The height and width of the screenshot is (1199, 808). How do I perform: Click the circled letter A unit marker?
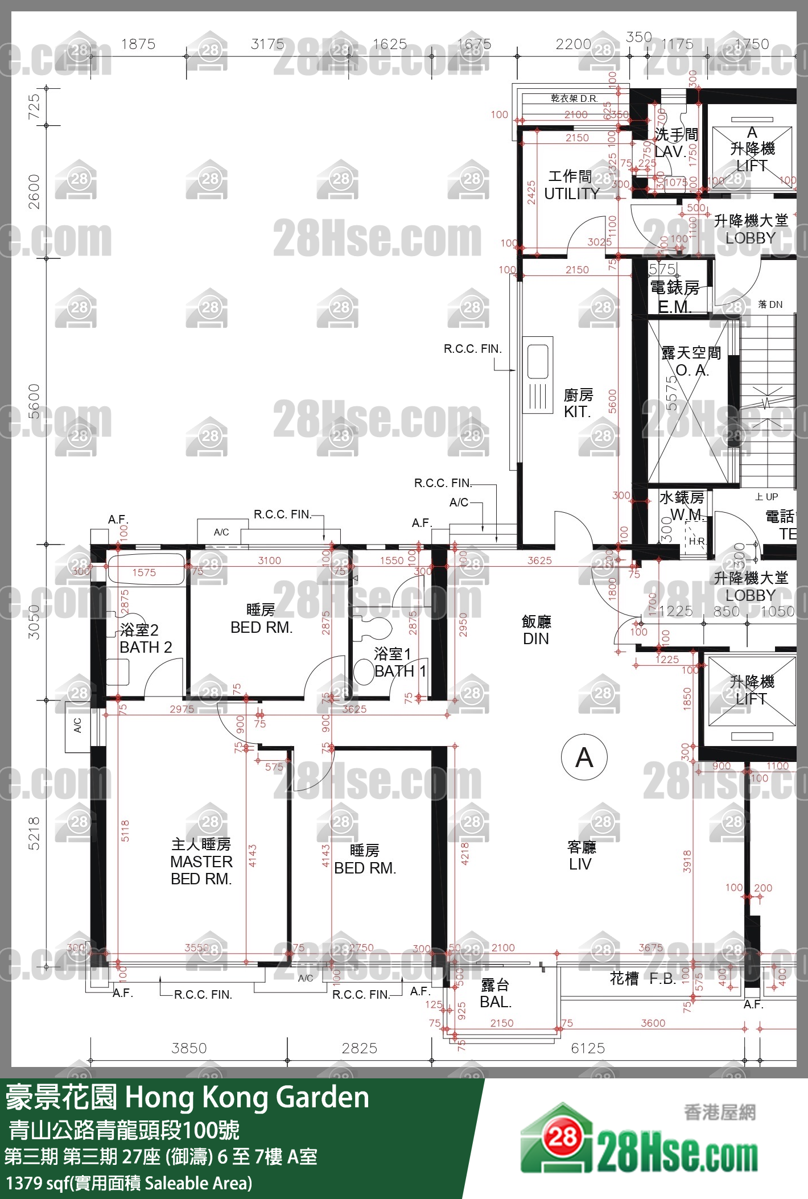tap(584, 757)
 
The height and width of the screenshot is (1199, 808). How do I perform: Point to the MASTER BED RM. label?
tap(201, 862)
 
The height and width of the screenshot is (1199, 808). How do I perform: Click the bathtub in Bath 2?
tap(146, 571)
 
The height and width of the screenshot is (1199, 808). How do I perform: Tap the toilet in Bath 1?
tap(364, 671)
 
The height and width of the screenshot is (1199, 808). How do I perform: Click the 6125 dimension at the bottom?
tap(588, 1048)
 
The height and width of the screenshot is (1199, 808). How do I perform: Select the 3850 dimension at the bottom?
tap(189, 1048)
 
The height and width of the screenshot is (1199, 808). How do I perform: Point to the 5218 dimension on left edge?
tap(34, 833)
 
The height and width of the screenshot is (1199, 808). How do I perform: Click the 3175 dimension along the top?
tap(267, 44)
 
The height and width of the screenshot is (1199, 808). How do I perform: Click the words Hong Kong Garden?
tap(247, 1097)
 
